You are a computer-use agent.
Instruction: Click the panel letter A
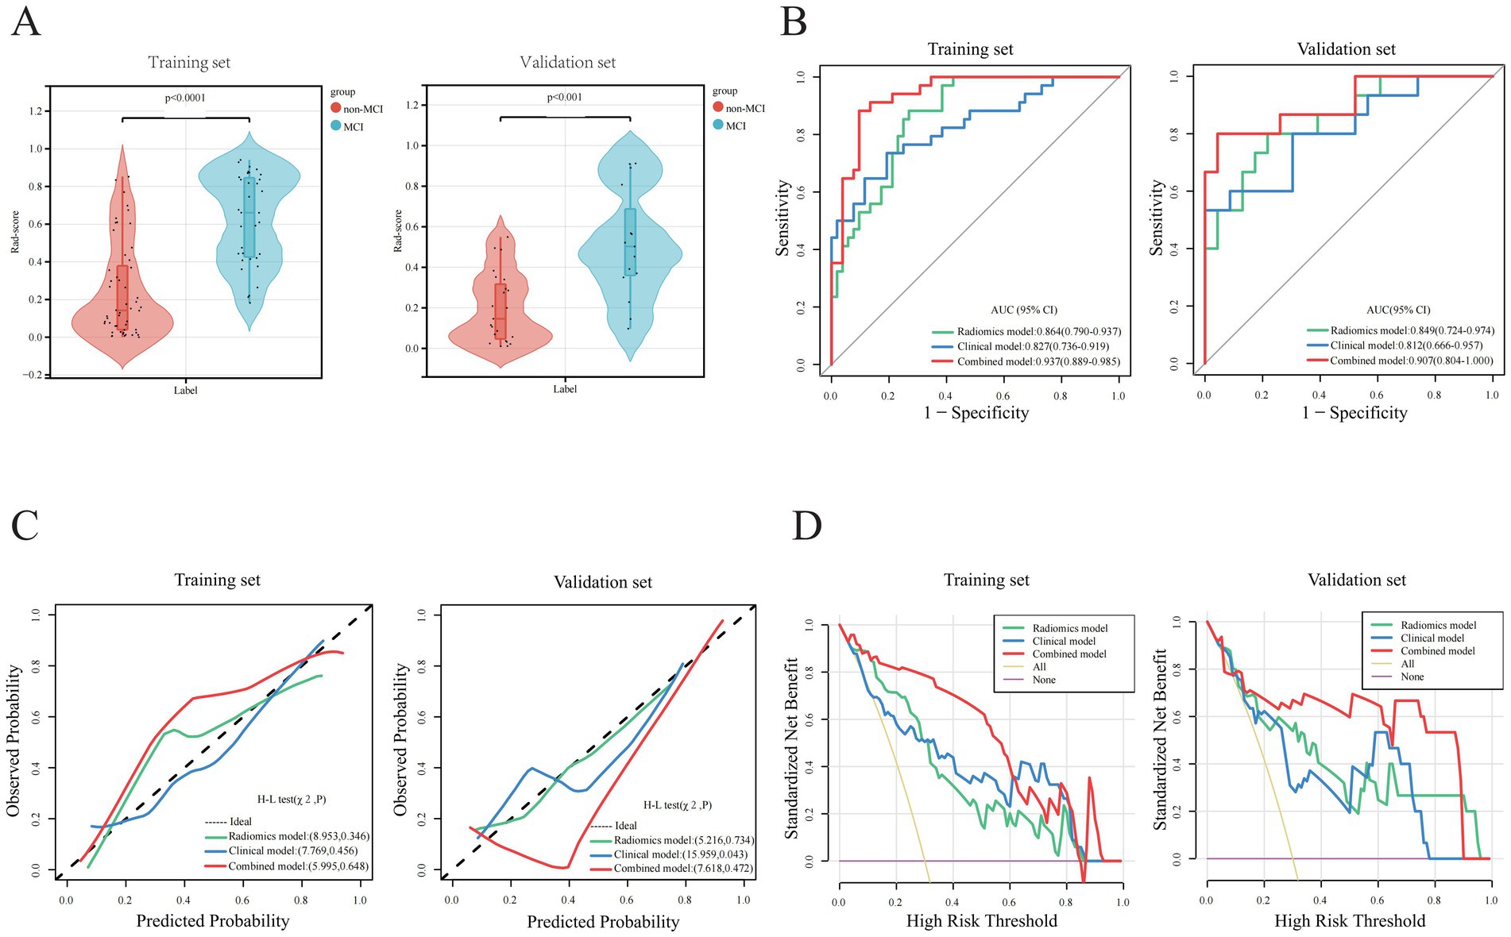pos(25,22)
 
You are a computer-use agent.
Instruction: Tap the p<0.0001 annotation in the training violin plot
pos(185,98)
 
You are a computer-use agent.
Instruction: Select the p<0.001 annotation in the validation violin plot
pos(564,98)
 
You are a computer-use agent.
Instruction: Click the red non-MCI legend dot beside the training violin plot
pos(336,109)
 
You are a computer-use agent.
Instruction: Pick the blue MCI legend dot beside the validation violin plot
pos(718,125)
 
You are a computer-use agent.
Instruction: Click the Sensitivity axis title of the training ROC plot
pos(783,218)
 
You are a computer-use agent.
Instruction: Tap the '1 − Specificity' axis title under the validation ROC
pos(1354,413)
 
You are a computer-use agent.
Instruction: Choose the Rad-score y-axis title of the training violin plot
pos(15,232)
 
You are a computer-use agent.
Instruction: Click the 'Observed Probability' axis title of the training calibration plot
pos(14,741)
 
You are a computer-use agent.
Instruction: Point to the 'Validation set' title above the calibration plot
pos(602,583)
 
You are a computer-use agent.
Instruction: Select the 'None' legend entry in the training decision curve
pos(1044,680)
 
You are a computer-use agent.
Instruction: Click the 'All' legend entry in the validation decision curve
pos(1407,664)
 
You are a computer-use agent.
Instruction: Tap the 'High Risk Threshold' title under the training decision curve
pos(981,921)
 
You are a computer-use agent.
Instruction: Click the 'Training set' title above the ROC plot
pos(970,49)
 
